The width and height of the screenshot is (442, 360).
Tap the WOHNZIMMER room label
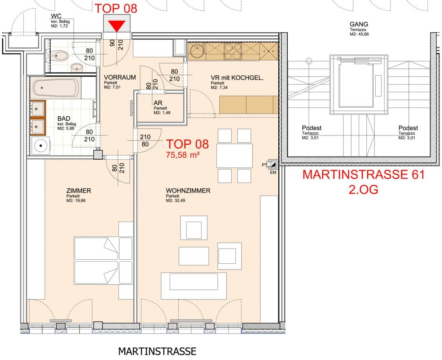click(188, 191)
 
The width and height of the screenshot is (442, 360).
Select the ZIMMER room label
click(78, 191)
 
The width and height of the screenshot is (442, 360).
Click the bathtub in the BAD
click(56, 88)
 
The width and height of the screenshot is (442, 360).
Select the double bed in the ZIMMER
click(103, 260)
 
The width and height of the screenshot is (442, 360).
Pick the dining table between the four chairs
click(234, 156)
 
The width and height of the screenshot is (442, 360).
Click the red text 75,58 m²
click(183, 155)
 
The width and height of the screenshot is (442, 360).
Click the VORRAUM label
click(120, 77)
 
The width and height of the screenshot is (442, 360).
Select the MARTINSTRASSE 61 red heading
click(363, 175)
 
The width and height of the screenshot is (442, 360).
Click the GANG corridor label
click(359, 25)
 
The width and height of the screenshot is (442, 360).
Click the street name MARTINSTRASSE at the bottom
click(157, 351)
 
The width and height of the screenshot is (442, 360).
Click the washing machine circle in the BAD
click(40, 144)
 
